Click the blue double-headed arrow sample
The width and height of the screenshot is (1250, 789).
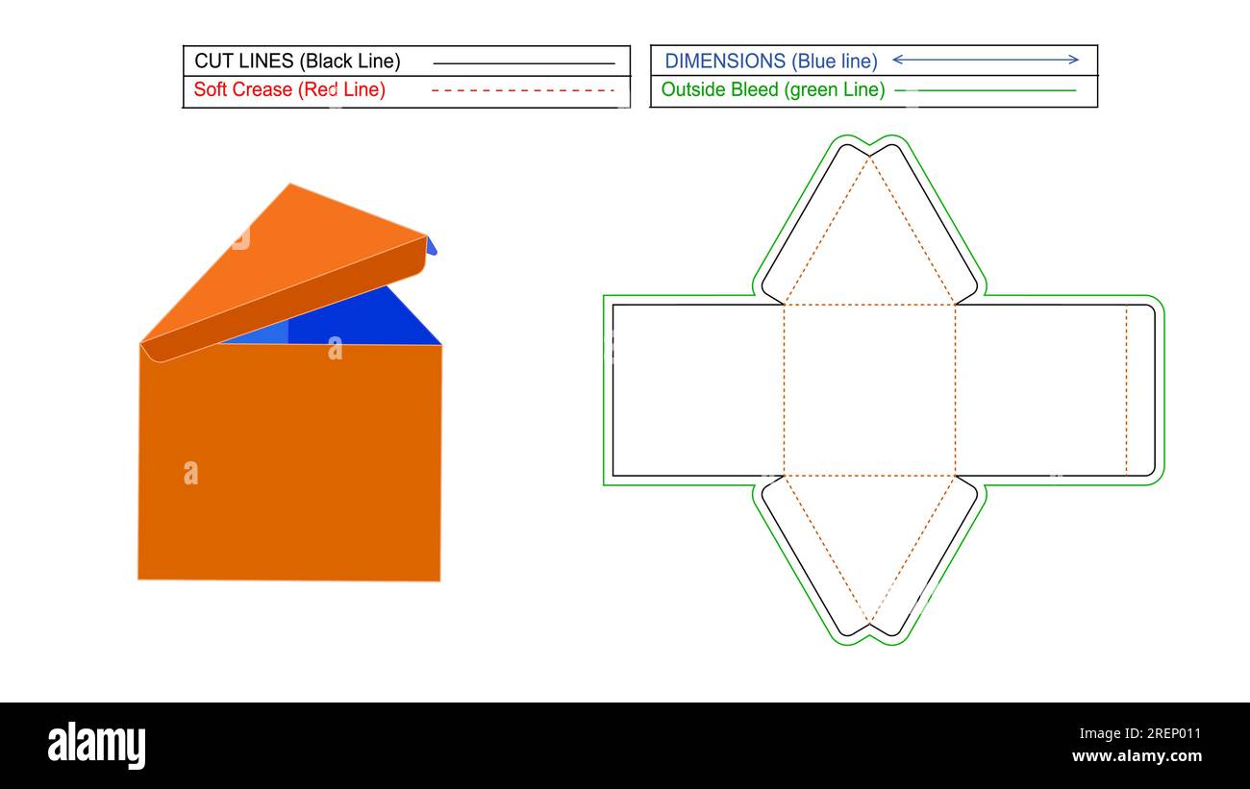coord(986,60)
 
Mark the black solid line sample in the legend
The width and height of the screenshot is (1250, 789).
coord(524,63)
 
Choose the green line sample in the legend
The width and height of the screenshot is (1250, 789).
coord(986,90)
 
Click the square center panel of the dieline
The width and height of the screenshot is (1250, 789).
coord(869,390)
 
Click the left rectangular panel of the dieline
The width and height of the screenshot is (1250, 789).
coord(698,390)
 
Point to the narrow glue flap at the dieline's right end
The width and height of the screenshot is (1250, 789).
coord(1139,390)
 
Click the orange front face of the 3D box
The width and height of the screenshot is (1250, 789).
coord(288,461)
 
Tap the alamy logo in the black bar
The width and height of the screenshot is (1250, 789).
coord(96,745)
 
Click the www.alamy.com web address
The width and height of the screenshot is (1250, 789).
coord(1137,756)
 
